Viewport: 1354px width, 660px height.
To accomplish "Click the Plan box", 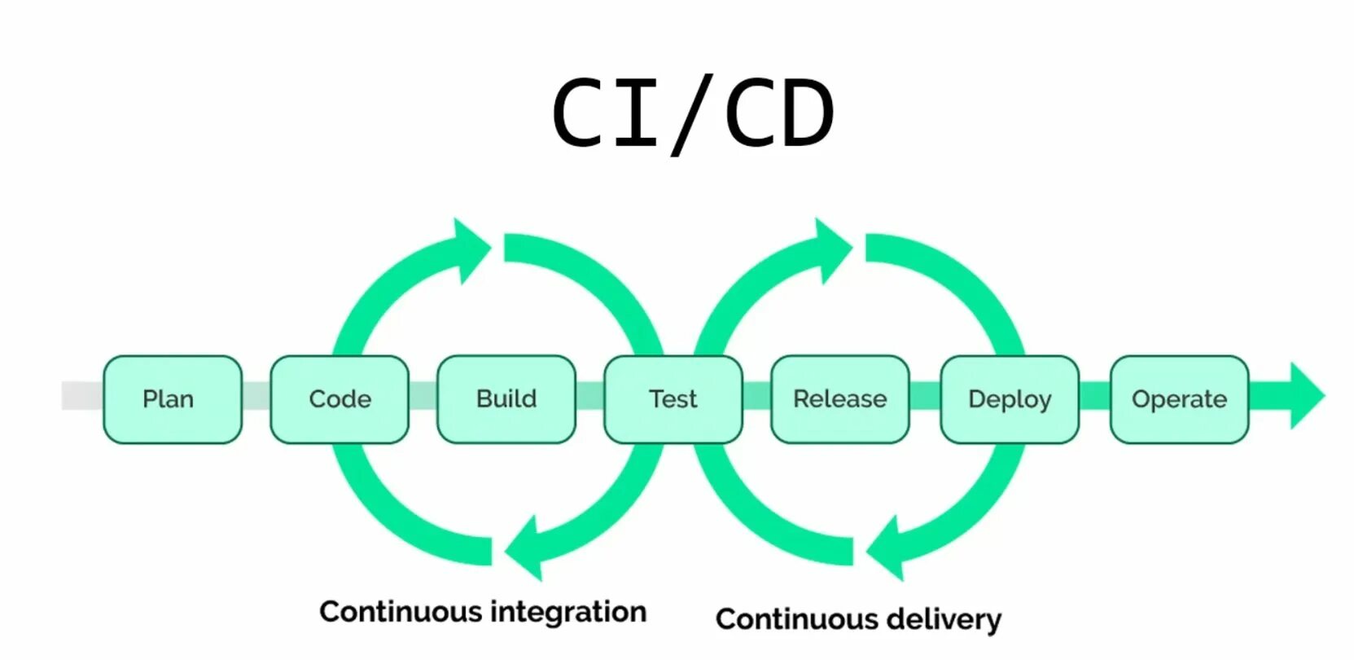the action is click(173, 399).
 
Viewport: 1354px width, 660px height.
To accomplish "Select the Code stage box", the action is click(340, 399).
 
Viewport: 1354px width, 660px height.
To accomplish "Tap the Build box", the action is click(506, 399).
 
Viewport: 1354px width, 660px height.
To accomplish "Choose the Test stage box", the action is click(673, 399).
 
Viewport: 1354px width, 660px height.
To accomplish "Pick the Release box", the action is click(840, 399).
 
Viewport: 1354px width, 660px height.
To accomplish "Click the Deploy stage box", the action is click(1010, 399).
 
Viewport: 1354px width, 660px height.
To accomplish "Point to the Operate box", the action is click(1180, 399).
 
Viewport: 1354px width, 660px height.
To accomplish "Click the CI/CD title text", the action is click(694, 114).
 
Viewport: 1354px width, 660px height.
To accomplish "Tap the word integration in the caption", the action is click(569, 613).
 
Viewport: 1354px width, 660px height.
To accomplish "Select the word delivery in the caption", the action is click(944, 619).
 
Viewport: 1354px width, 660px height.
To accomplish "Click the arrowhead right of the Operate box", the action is click(1308, 396).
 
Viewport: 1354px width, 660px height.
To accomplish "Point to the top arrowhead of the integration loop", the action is click(473, 250).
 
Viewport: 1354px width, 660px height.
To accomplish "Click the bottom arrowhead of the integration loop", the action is click(524, 548).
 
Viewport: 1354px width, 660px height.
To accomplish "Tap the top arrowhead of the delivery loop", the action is click(835, 250).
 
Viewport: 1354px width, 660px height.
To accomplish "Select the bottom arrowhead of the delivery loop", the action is click(885, 548).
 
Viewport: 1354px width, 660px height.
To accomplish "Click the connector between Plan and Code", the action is click(256, 396).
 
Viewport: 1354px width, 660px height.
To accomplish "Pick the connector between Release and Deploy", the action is click(926, 396).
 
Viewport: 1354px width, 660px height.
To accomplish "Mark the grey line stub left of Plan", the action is click(82, 396).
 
